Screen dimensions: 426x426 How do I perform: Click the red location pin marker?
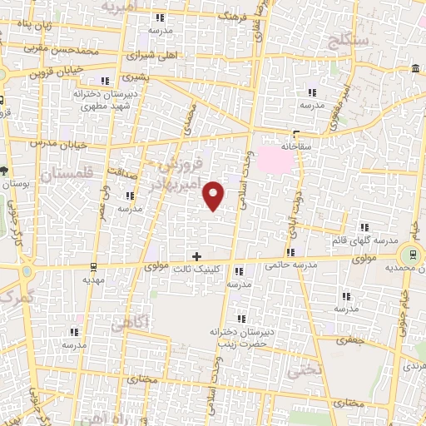214,196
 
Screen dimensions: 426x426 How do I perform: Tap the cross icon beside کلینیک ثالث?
196,256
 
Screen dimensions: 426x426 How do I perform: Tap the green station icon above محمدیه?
409,255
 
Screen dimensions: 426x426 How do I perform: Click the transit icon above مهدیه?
92,268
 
